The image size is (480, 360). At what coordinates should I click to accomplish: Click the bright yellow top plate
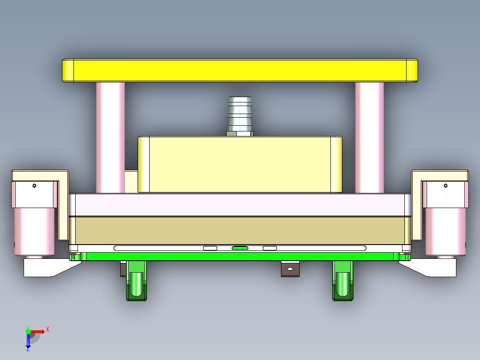pyautogui.click(x=240, y=70)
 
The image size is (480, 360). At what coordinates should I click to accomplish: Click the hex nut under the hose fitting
pyautogui.click(x=240, y=133)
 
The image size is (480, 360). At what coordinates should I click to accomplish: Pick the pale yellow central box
pyautogui.click(x=240, y=164)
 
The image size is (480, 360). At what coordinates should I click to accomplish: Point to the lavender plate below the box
pyautogui.click(x=240, y=205)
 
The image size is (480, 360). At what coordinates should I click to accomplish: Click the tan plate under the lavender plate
pyautogui.click(x=240, y=230)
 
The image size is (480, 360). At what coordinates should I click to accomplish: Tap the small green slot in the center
pyautogui.click(x=240, y=248)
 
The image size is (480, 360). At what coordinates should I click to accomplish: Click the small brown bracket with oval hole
pyautogui.click(x=290, y=269)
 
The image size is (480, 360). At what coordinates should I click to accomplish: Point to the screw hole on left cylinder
pyautogui.click(x=34, y=185)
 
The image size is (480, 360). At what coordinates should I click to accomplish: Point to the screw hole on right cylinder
pyautogui.click(x=446, y=185)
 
